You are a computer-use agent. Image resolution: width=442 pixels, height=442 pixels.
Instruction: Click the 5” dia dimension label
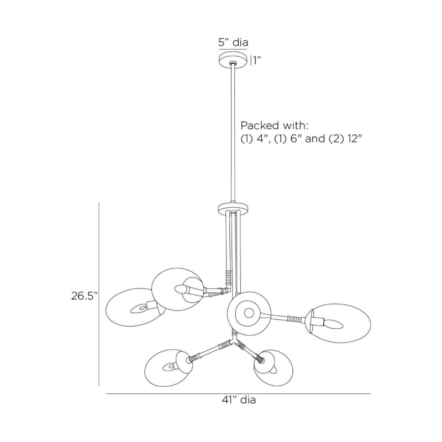[233, 43]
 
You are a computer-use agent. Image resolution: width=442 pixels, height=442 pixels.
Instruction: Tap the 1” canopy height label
[256, 60]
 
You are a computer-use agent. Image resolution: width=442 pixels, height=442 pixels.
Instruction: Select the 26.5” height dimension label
[85, 296]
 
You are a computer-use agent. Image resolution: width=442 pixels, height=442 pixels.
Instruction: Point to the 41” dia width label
[239, 399]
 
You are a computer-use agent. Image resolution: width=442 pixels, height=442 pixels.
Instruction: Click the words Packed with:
[275, 125]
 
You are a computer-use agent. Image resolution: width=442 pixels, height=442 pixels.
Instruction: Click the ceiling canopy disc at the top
[233, 60]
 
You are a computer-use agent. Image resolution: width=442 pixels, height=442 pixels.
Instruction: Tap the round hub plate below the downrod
[233, 209]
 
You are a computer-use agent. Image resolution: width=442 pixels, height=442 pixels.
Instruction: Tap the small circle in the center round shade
[249, 312]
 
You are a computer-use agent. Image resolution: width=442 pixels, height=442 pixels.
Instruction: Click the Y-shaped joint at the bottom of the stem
[233, 340]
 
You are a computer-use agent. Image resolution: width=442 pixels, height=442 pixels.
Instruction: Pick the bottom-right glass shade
[273, 367]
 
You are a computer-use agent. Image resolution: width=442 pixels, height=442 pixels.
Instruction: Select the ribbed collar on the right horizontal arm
[294, 319]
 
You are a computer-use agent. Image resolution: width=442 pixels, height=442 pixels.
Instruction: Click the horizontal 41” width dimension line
[238, 393]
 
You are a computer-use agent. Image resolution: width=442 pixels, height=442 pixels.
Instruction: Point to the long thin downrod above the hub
[233, 133]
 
